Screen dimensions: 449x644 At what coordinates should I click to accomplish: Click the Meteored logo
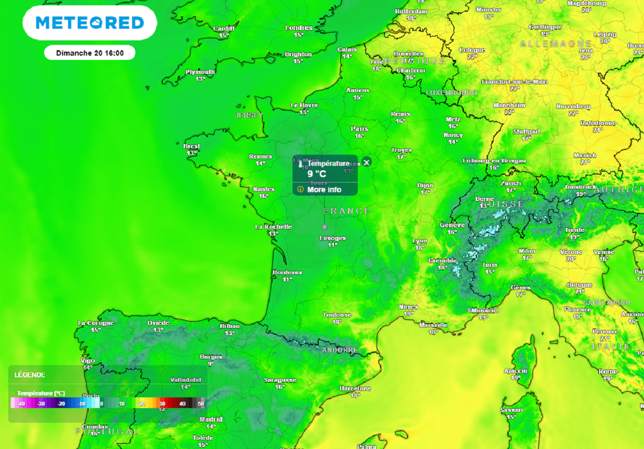point(89,23)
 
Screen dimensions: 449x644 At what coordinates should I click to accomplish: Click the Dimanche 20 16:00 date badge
point(89,53)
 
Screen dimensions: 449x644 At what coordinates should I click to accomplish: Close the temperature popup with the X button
point(367,162)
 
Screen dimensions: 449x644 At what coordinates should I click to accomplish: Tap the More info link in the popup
point(324,190)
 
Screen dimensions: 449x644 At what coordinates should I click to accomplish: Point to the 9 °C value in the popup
point(316,174)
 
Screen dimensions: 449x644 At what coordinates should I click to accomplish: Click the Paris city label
point(360,129)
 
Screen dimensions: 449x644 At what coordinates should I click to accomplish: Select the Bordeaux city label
point(287,273)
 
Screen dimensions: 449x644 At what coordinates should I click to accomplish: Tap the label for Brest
point(192,146)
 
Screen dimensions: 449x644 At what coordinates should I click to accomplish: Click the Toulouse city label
point(336,315)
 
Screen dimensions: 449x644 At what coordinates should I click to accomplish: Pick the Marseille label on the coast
point(433,325)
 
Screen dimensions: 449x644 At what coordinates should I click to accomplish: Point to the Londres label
point(299,28)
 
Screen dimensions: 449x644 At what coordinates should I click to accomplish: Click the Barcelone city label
point(355,389)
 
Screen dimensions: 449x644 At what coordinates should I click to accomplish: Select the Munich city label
point(585,155)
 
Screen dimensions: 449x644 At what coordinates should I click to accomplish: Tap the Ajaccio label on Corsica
point(516,371)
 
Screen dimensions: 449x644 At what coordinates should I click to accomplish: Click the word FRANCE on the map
point(347,211)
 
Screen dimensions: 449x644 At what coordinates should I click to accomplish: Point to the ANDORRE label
point(339,350)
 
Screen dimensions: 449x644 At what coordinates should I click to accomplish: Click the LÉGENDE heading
point(30,375)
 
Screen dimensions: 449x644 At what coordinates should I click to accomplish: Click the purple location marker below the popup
point(325,226)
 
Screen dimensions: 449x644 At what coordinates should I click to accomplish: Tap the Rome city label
point(607,372)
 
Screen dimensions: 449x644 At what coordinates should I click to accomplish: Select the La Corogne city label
point(95,323)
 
